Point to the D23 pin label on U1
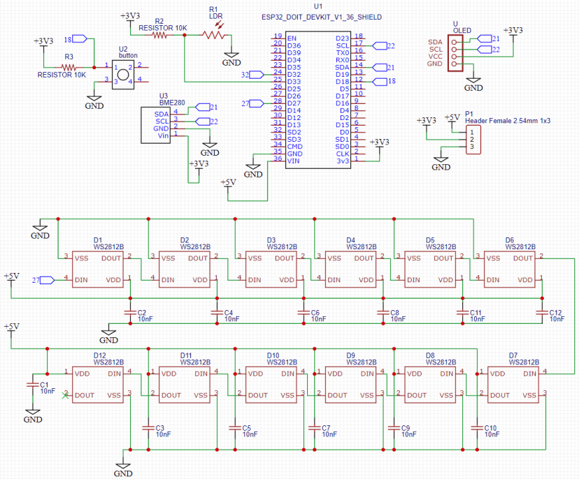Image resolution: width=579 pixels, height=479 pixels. pyautogui.click(x=342, y=38)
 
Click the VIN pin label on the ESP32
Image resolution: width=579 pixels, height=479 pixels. pyautogui.click(x=294, y=161)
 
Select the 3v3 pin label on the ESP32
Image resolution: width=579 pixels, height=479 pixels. pyautogui.click(x=342, y=161)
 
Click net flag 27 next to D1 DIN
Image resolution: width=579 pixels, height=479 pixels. pyautogui.click(x=45, y=280)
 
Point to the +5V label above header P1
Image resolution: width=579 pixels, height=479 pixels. pyautogui.click(x=452, y=117)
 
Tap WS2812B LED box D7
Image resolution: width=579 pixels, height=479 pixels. pyautogui.click(x=514, y=385)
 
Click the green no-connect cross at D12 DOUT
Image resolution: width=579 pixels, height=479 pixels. pyautogui.click(x=65, y=396)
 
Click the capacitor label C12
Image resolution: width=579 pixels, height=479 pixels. pyautogui.click(x=555, y=312)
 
